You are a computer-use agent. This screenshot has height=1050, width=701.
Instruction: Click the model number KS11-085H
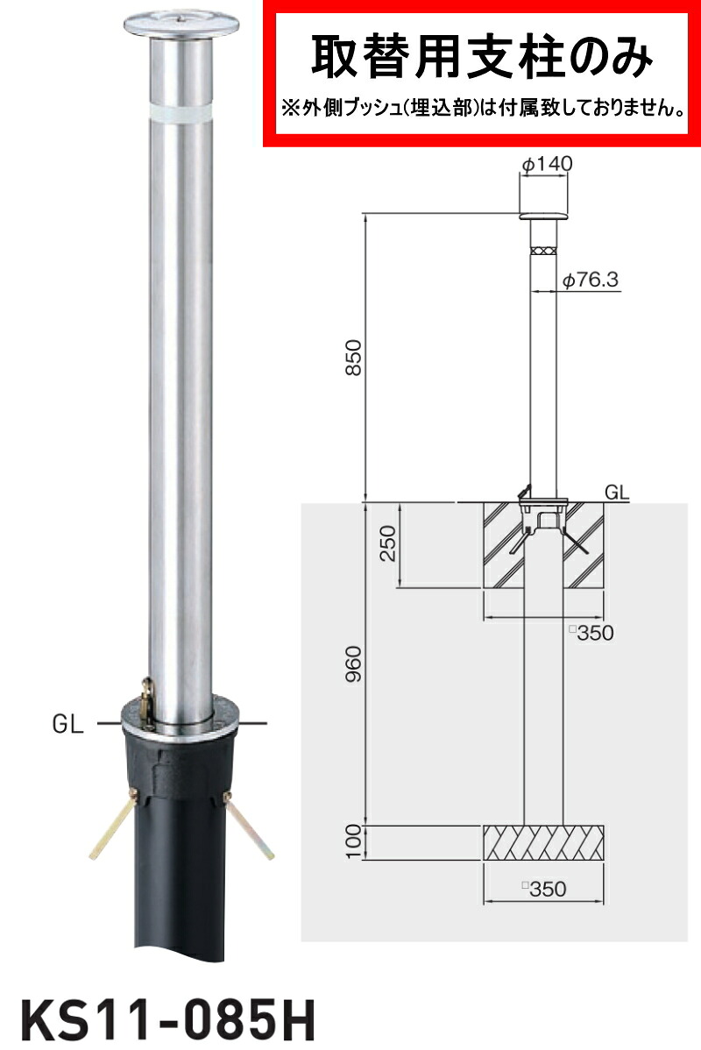[x=167, y=1020]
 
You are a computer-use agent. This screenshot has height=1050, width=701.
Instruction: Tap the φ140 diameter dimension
[x=546, y=163]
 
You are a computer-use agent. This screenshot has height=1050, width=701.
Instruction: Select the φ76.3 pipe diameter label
[x=590, y=280]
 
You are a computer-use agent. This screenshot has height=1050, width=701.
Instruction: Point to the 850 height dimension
[x=353, y=357]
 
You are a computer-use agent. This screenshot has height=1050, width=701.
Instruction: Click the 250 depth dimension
[x=387, y=543]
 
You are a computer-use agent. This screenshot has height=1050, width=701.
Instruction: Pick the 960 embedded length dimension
[x=353, y=663]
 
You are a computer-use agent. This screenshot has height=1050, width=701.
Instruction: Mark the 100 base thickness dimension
[x=353, y=841]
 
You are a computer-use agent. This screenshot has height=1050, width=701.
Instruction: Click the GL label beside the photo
[x=67, y=724]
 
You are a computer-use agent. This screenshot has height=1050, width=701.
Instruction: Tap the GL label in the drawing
[x=617, y=493]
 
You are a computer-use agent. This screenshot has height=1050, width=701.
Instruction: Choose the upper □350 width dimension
[x=591, y=632]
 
